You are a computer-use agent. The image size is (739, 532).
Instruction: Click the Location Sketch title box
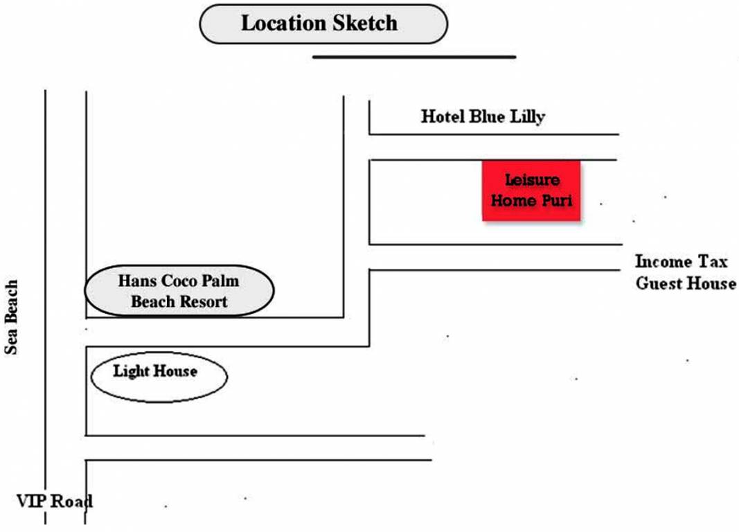pos(323,24)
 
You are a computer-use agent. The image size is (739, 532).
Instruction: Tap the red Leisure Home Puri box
pos(531,190)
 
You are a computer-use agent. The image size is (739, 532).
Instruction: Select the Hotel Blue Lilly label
pos(483,116)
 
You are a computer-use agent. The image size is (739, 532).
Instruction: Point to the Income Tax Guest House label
pos(685,272)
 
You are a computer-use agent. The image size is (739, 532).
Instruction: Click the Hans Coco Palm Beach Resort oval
pos(179,291)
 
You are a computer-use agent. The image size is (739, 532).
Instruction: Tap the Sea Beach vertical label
pos(11,317)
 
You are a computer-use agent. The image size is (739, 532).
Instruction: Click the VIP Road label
pos(54,500)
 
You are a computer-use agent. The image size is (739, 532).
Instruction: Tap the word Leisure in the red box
pos(531,180)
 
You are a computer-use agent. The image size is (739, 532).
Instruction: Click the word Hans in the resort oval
pos(134,281)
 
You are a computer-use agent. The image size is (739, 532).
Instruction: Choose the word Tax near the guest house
pos(714,262)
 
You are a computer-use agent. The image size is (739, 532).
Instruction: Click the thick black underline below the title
pos(414,57)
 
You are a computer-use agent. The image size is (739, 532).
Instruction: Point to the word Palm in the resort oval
pos(220,281)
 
